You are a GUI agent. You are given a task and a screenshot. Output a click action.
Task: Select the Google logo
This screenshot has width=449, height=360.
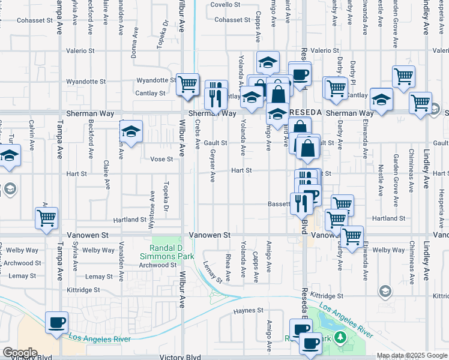(x=20, y=353)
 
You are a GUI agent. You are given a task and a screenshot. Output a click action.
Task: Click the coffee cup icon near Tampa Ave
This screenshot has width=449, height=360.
(x=57, y=322)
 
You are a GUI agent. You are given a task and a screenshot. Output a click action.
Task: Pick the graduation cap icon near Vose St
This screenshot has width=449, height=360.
(x=131, y=132)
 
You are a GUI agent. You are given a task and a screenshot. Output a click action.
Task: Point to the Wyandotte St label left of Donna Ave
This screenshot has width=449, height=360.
(x=86, y=81)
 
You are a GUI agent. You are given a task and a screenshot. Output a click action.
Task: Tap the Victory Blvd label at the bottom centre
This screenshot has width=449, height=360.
(x=180, y=356)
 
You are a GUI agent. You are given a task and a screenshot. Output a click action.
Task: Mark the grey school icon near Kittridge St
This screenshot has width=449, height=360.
(x=385, y=292)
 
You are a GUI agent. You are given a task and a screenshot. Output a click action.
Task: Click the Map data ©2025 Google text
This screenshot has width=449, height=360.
(x=411, y=356)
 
